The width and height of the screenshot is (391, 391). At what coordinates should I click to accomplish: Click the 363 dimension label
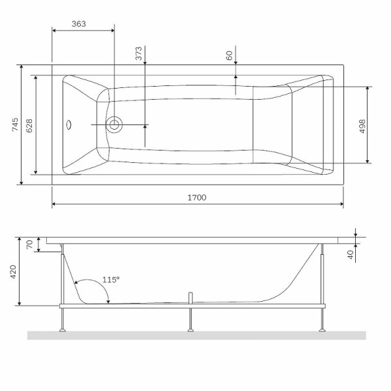tap(78, 23)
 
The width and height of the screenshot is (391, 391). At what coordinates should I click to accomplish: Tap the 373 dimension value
tap(139, 54)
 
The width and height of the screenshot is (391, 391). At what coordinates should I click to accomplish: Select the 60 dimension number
tap(229, 55)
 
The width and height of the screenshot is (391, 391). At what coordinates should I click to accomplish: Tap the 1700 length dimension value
tap(196, 197)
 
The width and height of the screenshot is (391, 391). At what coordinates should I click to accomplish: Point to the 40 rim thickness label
tap(350, 255)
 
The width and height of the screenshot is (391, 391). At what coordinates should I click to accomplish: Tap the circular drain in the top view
tap(115, 124)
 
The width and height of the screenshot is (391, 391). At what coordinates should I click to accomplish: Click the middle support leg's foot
tap(190, 330)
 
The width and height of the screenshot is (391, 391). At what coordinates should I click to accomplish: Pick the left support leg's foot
tap(63, 330)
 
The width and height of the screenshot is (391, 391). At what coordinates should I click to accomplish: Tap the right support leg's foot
tap(321, 330)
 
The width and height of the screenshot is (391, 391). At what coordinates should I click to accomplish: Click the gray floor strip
tap(196, 336)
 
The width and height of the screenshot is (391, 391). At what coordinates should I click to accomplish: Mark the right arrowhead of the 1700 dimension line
tap(341, 204)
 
